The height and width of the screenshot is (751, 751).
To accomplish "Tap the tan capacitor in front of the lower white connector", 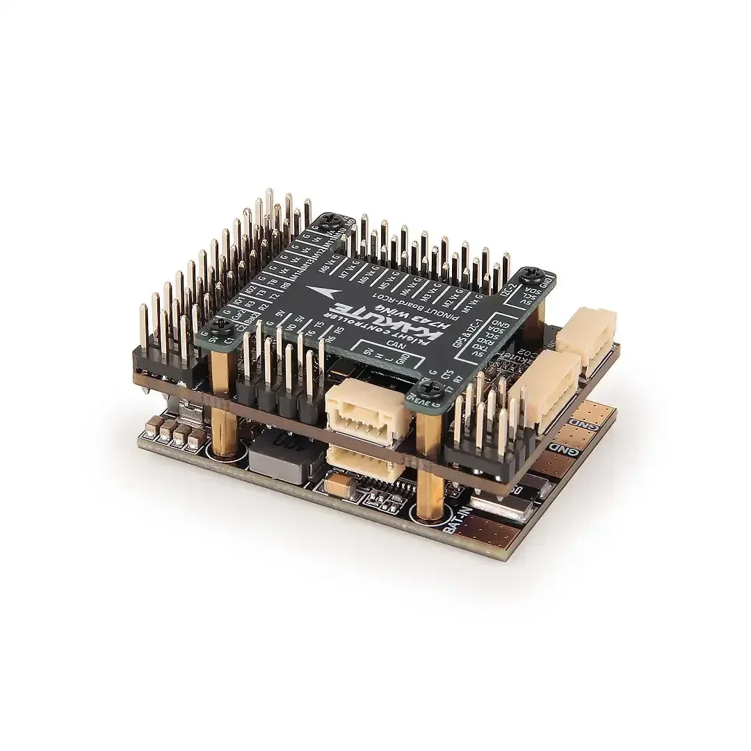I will click(333, 482).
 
